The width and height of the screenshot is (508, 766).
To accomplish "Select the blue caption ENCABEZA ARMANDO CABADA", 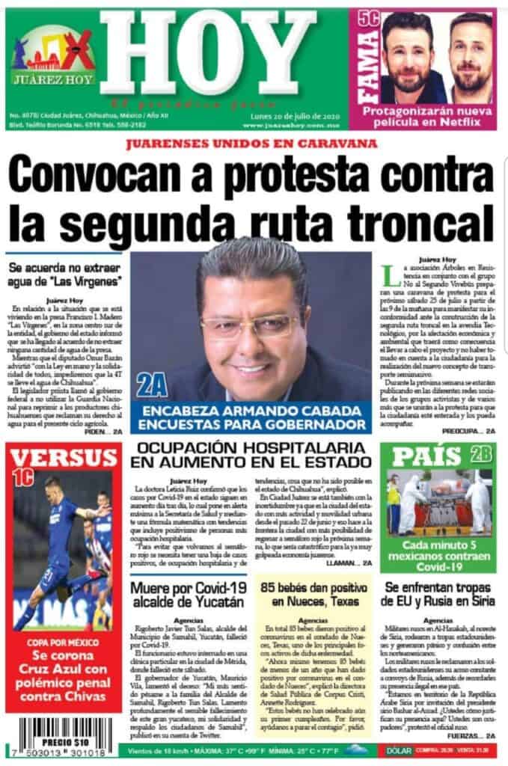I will click(251, 417).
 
